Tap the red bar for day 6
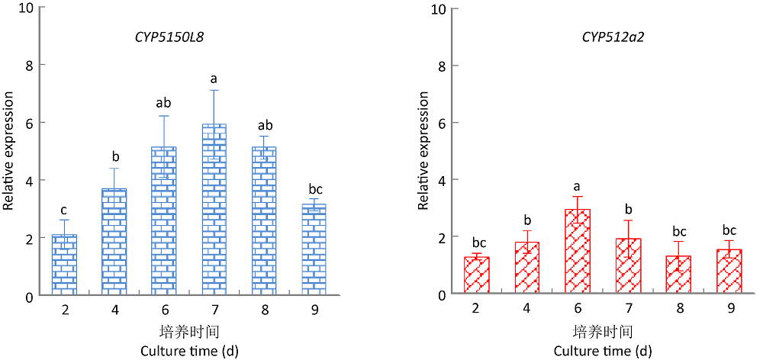577,252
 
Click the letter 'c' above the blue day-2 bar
64,211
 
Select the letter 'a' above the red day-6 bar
577,185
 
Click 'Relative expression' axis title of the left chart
9,151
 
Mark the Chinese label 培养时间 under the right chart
602,333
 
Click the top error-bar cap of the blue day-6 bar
164,116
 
